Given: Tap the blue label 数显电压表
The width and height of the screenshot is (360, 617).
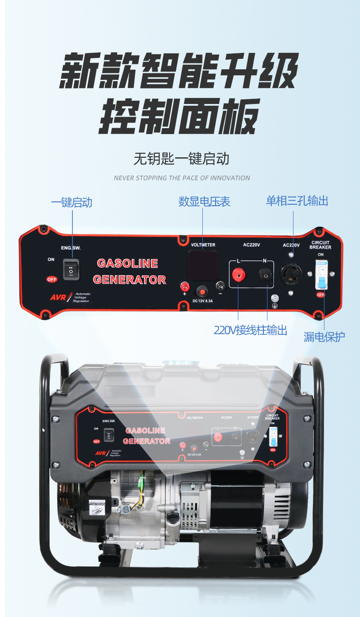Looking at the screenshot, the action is pyautogui.click(x=204, y=202).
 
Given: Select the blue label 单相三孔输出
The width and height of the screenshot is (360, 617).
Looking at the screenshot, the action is pyautogui.click(x=297, y=201).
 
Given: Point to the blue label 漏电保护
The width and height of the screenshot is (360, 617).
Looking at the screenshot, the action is pyautogui.click(x=324, y=337).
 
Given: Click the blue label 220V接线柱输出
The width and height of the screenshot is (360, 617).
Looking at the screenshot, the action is pyautogui.click(x=250, y=330).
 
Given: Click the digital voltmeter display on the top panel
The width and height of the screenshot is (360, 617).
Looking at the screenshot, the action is pyautogui.click(x=203, y=264).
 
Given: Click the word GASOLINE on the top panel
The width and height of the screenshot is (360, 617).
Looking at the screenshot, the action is pyautogui.click(x=128, y=264).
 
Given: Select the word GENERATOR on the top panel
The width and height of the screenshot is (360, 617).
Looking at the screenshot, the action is pyautogui.click(x=129, y=280).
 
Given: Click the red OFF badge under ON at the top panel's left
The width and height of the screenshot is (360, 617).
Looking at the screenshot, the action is pyautogui.click(x=51, y=279).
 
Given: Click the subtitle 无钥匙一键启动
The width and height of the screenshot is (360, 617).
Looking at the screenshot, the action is pyautogui.click(x=181, y=159).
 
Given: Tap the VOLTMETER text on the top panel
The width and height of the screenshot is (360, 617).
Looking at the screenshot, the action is pyautogui.click(x=203, y=245).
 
